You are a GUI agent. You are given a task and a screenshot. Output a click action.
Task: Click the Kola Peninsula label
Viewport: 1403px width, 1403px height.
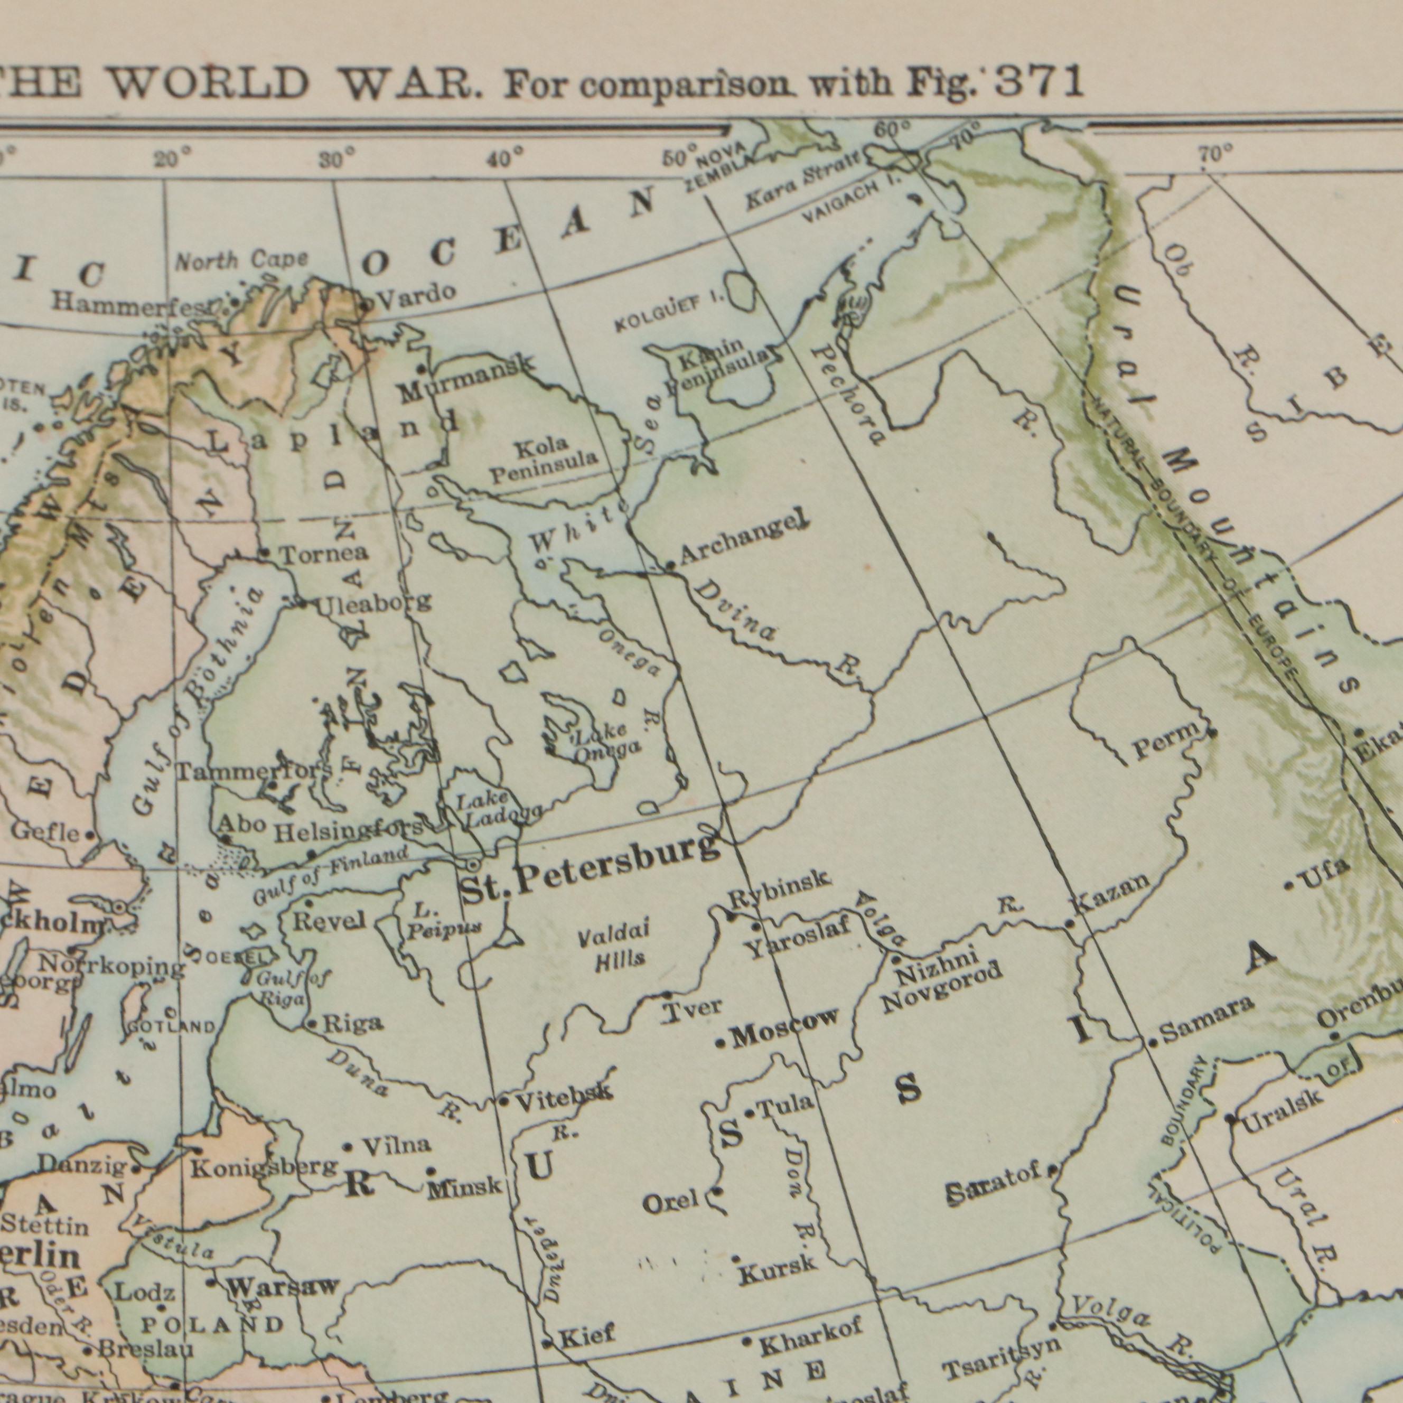pyautogui.click(x=545, y=462)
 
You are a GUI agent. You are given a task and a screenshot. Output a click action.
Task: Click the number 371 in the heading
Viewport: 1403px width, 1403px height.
pyautogui.click(x=1040, y=81)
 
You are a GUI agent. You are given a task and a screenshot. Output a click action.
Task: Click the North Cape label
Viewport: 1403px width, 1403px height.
pyautogui.click(x=242, y=260)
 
